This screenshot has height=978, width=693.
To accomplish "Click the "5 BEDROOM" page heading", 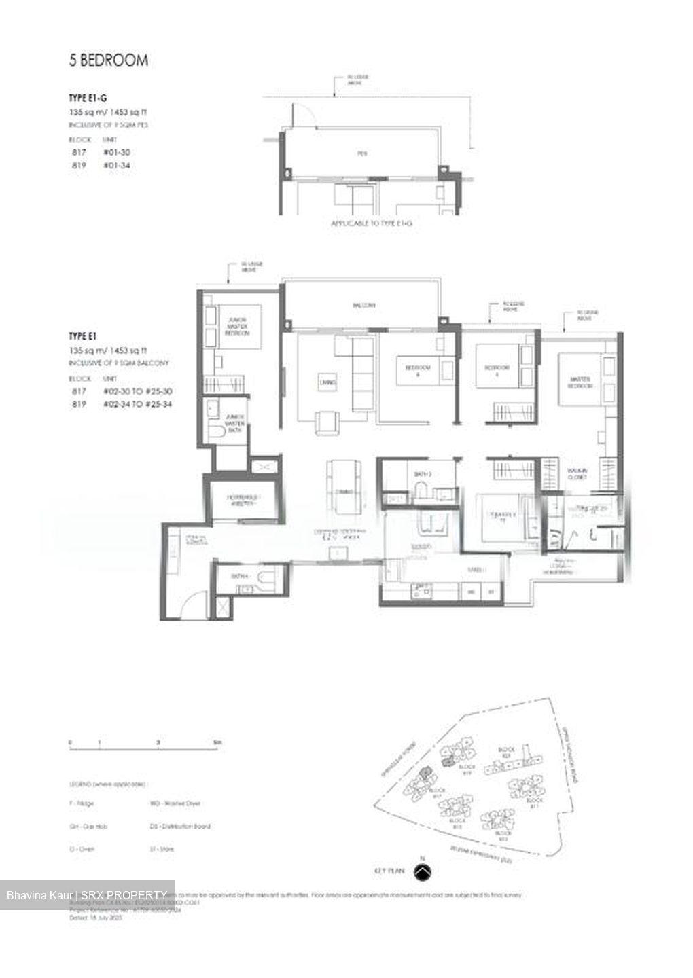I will point(108,60).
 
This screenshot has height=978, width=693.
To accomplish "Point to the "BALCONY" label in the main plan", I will point(363,306).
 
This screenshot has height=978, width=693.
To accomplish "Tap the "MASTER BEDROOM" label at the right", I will point(580,382).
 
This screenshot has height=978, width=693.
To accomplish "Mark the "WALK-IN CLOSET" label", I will point(578,474).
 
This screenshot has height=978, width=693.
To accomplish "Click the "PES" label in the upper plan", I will point(362,153).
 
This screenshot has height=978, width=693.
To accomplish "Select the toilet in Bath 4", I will point(267,578).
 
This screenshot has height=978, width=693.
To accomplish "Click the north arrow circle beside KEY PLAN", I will point(423,871).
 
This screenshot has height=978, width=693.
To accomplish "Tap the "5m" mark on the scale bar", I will point(217,743).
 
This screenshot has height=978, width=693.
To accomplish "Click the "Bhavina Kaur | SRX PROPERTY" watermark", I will point(87,895).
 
